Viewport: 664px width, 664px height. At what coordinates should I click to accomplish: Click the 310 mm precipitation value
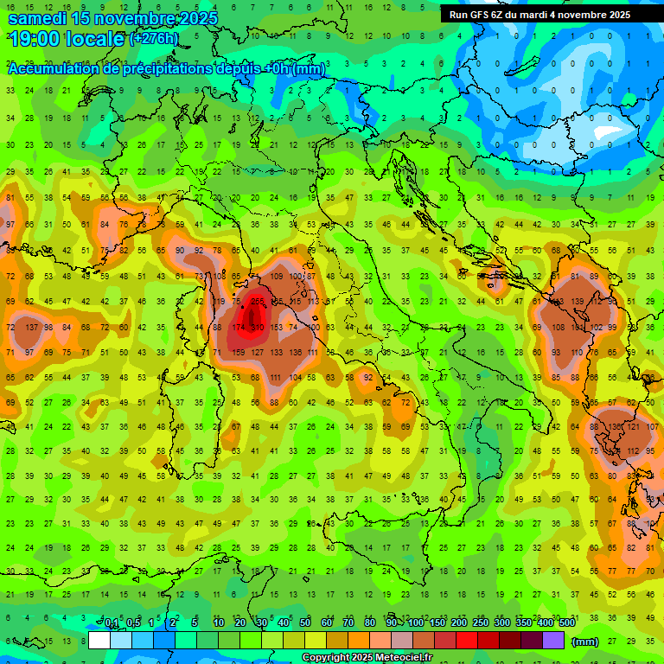(257, 328)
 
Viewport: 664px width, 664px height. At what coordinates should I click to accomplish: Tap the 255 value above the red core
(257, 302)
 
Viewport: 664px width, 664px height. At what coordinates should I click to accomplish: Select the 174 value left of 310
(239, 328)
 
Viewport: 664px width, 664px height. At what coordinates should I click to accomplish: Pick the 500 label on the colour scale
(566, 623)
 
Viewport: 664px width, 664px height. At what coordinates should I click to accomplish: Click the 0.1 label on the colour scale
(112, 623)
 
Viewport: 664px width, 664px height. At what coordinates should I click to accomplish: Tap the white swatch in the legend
(99, 641)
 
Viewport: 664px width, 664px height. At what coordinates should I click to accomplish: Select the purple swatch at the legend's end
(553, 641)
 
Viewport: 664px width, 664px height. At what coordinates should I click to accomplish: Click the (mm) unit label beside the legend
(585, 642)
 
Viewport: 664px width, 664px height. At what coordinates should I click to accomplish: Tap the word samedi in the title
(38, 18)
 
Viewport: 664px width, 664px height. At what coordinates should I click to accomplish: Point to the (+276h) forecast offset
(154, 39)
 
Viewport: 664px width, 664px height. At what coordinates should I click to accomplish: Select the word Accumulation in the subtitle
(54, 69)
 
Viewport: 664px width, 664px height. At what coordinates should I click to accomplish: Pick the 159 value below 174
(239, 352)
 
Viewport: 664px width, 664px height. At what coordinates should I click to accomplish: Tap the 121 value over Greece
(635, 427)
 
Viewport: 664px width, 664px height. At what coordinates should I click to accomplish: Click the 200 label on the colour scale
(458, 623)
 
